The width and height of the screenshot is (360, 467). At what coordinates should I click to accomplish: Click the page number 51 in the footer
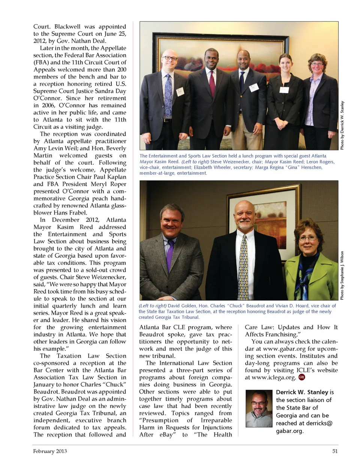tap(335, 451)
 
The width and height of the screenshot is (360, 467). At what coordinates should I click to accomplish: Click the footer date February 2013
tap(50, 451)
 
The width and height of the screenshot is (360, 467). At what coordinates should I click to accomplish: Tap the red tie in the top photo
tap(212, 84)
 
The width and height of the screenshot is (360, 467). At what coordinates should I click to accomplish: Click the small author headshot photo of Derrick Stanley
tap(259, 409)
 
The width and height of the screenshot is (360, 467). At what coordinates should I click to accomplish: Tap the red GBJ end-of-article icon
tap(301, 377)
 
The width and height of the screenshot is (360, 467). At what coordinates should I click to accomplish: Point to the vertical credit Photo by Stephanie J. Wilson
tap(342, 276)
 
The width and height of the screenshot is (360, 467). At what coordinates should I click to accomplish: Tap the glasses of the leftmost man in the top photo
tap(169, 59)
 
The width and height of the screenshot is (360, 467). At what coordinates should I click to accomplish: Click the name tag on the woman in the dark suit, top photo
tap(284, 90)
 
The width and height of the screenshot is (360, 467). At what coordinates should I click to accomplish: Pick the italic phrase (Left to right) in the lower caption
tap(152, 306)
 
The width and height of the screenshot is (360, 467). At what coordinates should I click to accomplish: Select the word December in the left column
tap(66, 220)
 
